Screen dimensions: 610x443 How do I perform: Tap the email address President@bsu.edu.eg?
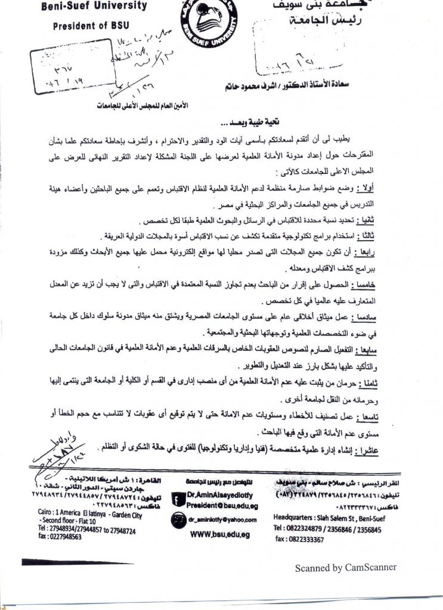coord(212,503)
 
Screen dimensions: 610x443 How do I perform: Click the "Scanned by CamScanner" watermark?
coord(346,568)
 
